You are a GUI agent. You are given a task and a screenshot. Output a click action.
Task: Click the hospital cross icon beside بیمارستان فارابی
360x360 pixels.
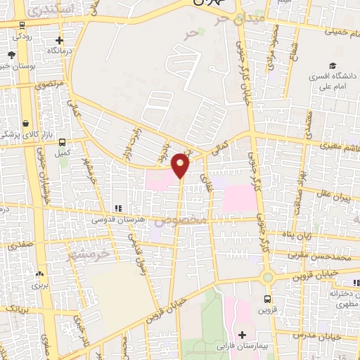tap(243, 334)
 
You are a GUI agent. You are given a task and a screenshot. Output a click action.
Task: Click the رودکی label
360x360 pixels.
tap(18, 36)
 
